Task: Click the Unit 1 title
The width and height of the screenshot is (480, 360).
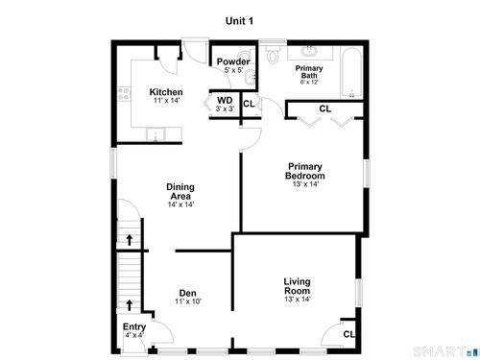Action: click(239, 21)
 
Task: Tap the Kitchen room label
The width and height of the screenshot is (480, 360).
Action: click(166, 92)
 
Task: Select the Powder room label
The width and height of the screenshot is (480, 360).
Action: click(233, 61)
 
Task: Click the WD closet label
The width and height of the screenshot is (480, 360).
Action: click(225, 101)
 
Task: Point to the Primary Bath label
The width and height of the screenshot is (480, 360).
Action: click(309, 72)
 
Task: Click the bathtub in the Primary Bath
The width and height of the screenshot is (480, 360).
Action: click(351, 73)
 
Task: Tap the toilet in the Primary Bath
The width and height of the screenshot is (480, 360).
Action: click(273, 54)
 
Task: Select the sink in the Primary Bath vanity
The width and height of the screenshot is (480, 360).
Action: click(309, 50)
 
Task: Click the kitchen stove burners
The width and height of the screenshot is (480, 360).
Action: click(124, 94)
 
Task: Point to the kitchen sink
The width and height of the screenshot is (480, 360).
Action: click(156, 134)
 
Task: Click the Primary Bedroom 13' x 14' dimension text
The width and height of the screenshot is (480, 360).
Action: click(305, 184)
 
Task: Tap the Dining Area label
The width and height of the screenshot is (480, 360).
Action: click(180, 191)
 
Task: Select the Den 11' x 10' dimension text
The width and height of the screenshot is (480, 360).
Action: click(188, 301)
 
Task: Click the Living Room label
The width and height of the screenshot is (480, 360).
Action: click(297, 286)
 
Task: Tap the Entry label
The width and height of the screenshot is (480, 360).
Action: click(134, 327)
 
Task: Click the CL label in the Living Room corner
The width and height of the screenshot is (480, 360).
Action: click(348, 334)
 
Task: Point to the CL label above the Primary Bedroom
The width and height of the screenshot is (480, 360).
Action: click(325, 108)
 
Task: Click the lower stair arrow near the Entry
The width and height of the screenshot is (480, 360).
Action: click(130, 305)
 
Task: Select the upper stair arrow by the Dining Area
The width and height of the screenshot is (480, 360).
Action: click(130, 240)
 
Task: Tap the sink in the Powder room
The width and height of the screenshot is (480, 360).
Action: click(250, 77)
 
